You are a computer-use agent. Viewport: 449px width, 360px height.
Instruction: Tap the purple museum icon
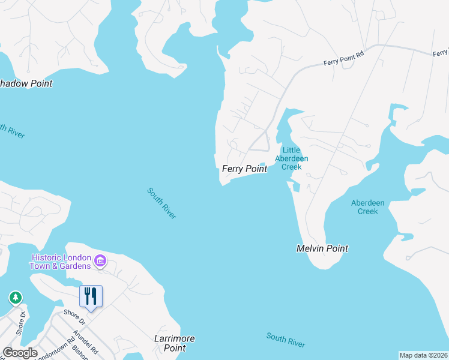tap(100, 261)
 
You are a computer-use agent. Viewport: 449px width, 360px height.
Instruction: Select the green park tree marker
tap(16, 298)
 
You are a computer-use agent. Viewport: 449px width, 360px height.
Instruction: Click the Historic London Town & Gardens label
tap(62, 262)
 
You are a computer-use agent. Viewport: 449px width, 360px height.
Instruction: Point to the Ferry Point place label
tap(244, 169)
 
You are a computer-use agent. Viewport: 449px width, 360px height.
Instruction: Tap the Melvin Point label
tap(322, 248)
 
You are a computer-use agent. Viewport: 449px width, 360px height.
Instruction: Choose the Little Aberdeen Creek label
tap(291, 158)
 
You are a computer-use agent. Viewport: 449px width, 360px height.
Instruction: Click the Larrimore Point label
tap(174, 343)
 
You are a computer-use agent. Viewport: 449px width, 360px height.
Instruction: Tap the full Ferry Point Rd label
tap(344, 58)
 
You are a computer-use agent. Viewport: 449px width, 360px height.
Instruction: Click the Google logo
tap(20, 353)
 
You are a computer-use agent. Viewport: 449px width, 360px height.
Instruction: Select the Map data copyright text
tap(423, 355)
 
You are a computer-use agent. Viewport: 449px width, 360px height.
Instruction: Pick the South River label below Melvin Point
tap(286, 340)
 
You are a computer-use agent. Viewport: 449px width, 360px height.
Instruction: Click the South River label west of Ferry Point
tap(162, 203)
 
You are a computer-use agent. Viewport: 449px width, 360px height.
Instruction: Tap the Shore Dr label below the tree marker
tap(22, 324)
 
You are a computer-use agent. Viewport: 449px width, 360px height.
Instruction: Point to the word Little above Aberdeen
tap(291, 151)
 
